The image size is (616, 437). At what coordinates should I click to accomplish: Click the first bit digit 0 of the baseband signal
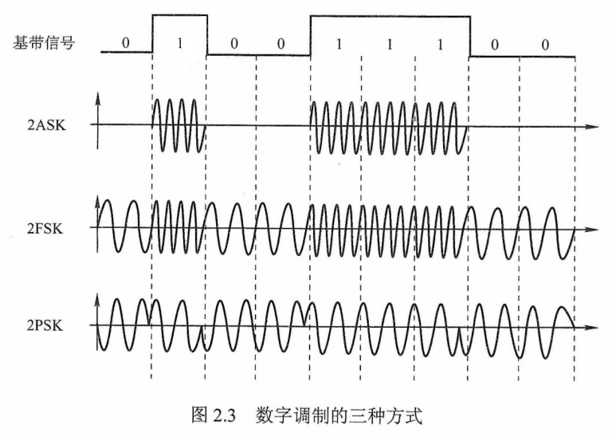(x=125, y=44)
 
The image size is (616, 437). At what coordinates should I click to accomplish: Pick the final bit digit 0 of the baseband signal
(x=545, y=44)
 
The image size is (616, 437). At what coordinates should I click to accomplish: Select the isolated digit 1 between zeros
(x=179, y=44)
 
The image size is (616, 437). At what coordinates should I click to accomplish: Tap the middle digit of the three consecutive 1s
(x=389, y=44)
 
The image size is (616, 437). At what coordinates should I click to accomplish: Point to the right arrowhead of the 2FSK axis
(x=591, y=229)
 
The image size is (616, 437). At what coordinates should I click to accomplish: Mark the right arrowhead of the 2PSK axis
(x=591, y=327)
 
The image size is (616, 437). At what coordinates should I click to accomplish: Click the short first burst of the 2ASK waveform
(x=179, y=126)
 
